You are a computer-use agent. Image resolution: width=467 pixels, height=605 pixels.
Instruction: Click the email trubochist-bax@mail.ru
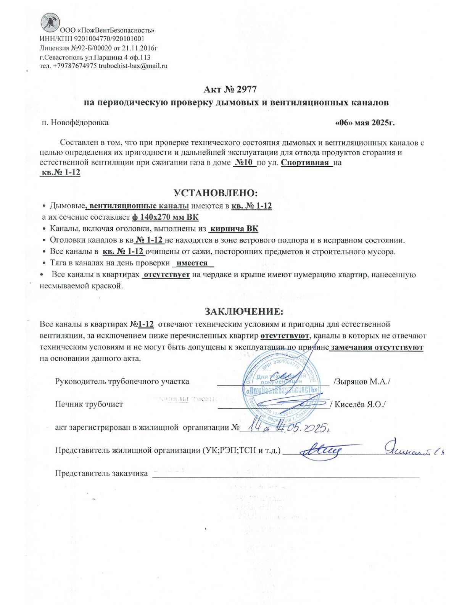tap(133, 66)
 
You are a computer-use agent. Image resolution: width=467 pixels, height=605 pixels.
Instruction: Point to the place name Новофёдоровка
tap(80, 123)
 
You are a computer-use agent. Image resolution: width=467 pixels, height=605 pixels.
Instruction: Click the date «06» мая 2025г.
tap(364, 123)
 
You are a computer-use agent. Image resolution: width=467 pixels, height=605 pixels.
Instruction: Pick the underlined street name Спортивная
tap(305, 162)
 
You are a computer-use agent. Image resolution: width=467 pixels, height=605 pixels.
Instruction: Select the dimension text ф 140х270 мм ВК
tap(165, 217)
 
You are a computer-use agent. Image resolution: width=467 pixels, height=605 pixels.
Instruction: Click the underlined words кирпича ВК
tap(234, 229)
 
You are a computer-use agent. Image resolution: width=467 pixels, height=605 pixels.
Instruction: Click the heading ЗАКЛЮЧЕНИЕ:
tap(244, 311)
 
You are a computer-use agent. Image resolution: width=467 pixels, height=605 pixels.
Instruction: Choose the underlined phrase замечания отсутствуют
tap(377, 348)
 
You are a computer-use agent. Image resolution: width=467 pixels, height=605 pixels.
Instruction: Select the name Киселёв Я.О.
tap(360, 404)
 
